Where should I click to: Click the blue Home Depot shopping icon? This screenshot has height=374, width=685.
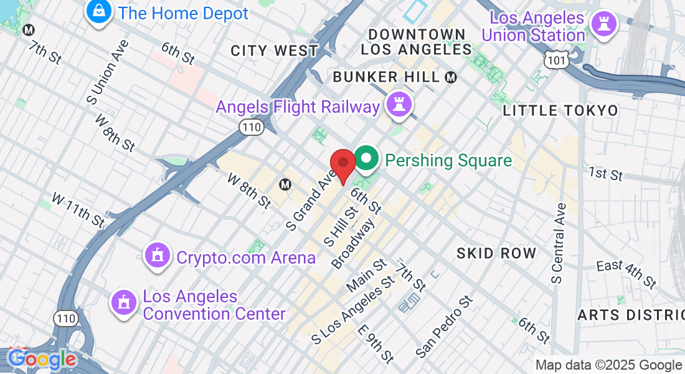pyautogui.click(x=99, y=11)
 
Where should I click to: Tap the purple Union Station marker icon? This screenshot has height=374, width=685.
pyautogui.click(x=603, y=25)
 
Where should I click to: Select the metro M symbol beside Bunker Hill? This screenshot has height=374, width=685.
pyautogui.click(x=451, y=77)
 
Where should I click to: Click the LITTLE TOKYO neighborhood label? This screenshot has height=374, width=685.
pyautogui.click(x=560, y=111)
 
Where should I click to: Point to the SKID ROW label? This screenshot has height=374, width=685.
pyautogui.click(x=496, y=253)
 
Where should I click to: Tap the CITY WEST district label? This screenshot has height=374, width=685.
pyautogui.click(x=274, y=50)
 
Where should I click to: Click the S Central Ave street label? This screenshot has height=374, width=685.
pyautogui.click(x=558, y=243)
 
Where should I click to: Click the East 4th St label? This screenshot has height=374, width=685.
pyautogui.click(x=626, y=274)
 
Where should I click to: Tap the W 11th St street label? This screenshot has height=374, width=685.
pyautogui.click(x=78, y=209)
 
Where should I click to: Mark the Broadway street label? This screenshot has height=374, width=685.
pyautogui.click(x=354, y=244)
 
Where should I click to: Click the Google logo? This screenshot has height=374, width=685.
pyautogui.click(x=42, y=359)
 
